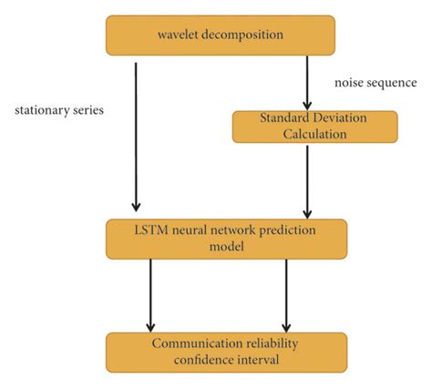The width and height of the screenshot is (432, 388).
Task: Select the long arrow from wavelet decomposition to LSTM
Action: point(136,137)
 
